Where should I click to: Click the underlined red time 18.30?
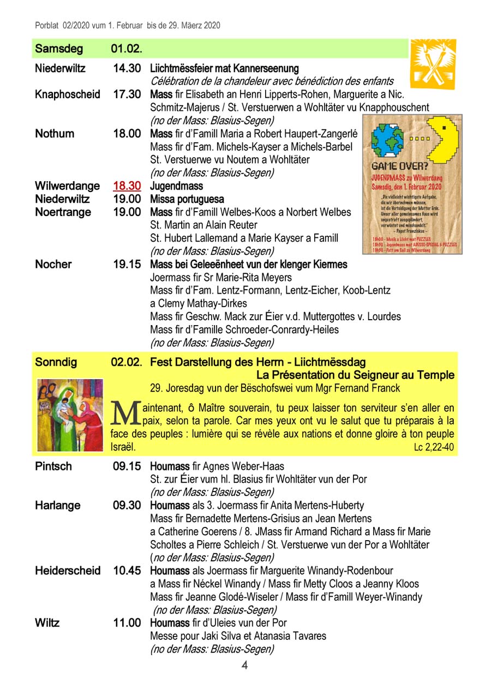pyautogui.click(x=127, y=186)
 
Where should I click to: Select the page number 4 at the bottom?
pyautogui.click(x=245, y=666)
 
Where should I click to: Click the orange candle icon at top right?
pyautogui.click(x=433, y=64)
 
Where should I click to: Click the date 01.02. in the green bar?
pyautogui.click(x=127, y=49)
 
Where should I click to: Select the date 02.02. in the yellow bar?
pyautogui.click(x=127, y=362)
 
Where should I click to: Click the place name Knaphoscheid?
pyautogui.click(x=68, y=94)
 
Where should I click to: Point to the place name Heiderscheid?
pyautogui.click(x=68, y=571)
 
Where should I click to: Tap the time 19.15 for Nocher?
pyautogui.click(x=127, y=265)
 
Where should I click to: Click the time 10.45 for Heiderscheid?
pyautogui.click(x=127, y=571)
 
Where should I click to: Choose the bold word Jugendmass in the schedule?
pyautogui.click(x=176, y=187)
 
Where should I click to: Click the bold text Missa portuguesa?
pyautogui.click(x=187, y=199)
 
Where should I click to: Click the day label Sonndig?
pyautogui.click(x=56, y=362)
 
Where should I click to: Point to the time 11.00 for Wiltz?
pyautogui.click(x=127, y=623)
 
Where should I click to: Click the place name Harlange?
pyautogui.click(x=58, y=505)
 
